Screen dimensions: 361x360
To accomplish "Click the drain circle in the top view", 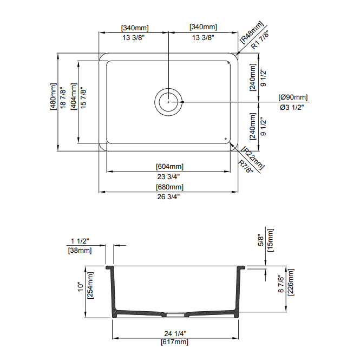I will [169, 101].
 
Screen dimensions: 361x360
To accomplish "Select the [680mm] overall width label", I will [169, 187].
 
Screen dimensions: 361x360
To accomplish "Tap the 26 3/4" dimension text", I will [169, 197].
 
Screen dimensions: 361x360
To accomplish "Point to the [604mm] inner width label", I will [169, 166].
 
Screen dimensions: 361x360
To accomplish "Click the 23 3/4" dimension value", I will [169, 176].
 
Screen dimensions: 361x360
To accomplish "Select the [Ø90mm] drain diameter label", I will [293, 97].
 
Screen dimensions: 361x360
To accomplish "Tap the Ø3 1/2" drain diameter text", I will [292, 107].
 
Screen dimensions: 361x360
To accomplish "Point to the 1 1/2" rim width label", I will [80, 241].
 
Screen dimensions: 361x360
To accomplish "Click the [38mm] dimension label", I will [80, 250].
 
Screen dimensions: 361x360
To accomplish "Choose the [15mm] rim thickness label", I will [271, 239].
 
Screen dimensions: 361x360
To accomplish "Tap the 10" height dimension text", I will [81, 288].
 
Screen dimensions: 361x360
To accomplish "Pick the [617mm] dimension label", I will [174, 342].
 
